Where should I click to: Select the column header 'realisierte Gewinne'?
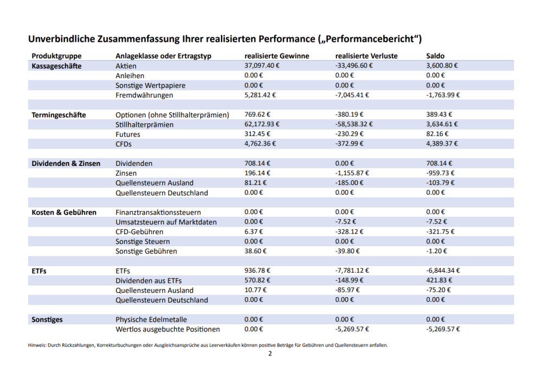click(276, 56)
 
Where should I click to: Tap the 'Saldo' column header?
click(435, 56)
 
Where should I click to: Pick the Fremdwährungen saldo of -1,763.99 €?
click(443, 95)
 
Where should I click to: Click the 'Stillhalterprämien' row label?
click(145, 125)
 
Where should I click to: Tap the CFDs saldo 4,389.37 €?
click(442, 144)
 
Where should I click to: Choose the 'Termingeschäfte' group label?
click(59, 115)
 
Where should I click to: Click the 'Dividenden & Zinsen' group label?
click(66, 163)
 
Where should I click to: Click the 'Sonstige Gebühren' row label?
click(146, 252)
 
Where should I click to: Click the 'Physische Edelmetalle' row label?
click(151, 319)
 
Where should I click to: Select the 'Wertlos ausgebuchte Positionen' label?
click(167, 329)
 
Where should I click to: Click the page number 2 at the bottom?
click(270, 354)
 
